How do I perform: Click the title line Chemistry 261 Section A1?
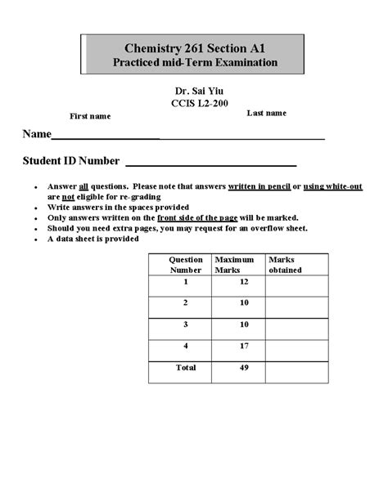(194, 48)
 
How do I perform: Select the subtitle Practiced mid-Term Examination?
(194, 63)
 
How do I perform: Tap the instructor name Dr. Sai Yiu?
(194, 92)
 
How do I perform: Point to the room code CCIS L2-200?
(194, 105)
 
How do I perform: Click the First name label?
(89, 116)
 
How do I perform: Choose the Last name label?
(267, 113)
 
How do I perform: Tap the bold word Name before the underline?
(36, 134)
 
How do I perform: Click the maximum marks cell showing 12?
(243, 282)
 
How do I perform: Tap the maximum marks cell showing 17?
(243, 347)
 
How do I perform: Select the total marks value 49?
(243, 369)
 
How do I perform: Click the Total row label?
(186, 369)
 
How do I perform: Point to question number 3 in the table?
(186, 325)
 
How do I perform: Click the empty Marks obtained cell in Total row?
(294, 372)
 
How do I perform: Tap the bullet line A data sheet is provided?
(93, 239)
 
